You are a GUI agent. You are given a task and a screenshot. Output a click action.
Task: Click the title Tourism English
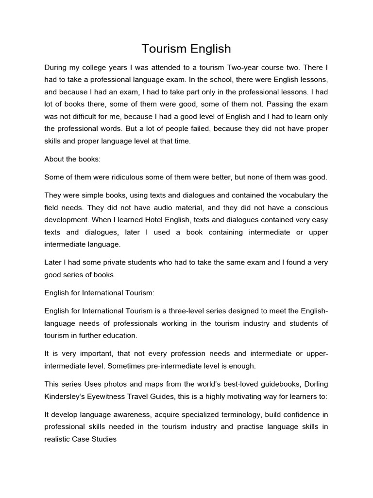coord(186,49)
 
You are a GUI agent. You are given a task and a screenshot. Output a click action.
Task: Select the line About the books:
coord(70,159)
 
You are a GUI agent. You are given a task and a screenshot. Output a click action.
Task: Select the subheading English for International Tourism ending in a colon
coord(98,293)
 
